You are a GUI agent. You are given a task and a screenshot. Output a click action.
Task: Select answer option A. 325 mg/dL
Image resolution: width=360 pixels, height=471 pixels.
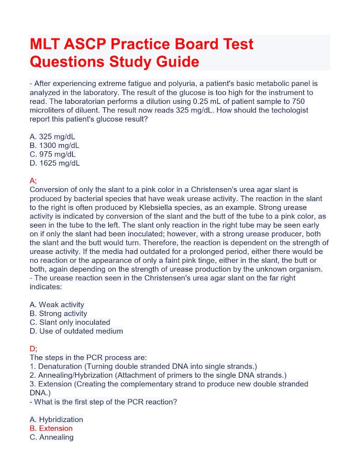pyautogui.click(x=52, y=136)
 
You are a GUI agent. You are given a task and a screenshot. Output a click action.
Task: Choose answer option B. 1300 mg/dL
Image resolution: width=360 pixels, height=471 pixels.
pyautogui.click(x=54, y=146)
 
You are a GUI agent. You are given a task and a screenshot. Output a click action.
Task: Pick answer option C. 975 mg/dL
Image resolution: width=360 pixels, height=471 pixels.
pyautogui.click(x=52, y=154)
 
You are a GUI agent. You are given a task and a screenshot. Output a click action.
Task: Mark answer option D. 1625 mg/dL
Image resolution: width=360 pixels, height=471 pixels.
pyautogui.click(x=54, y=163)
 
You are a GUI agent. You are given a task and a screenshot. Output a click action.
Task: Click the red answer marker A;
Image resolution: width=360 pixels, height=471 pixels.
pyautogui.click(x=33, y=181)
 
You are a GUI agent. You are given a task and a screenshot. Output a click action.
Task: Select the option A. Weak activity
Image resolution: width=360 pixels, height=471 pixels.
pyautogui.click(x=57, y=305)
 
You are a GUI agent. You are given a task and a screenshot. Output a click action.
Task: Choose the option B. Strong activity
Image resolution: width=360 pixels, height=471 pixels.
pyautogui.click(x=58, y=313)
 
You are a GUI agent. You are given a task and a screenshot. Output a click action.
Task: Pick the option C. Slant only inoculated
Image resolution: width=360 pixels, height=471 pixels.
pyautogui.click(x=70, y=322)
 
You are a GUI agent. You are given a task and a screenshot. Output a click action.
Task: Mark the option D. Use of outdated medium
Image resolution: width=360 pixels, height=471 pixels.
pyautogui.click(x=76, y=331)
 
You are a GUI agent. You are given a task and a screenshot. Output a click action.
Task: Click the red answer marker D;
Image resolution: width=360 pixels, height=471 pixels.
pyautogui.click(x=34, y=349)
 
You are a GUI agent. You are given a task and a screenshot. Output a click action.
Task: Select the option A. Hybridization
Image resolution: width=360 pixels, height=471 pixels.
pyautogui.click(x=56, y=419)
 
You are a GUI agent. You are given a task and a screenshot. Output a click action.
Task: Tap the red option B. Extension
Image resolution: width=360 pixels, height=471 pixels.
pyautogui.click(x=51, y=428)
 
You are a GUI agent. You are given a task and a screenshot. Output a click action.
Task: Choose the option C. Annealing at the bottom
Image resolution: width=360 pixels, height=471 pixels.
pyautogui.click(x=51, y=437)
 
